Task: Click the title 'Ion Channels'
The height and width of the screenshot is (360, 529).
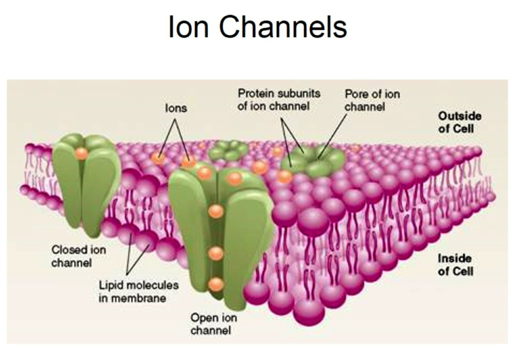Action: [258, 27]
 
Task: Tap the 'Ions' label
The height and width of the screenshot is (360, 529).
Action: [176, 108]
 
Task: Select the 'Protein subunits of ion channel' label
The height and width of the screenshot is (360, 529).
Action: [279, 100]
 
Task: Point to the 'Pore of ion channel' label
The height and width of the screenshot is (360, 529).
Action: [372, 100]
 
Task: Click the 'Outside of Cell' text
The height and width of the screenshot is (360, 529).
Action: [460, 122]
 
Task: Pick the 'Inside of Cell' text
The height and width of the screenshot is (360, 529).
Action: [455, 264]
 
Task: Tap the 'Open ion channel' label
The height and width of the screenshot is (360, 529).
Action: [213, 324]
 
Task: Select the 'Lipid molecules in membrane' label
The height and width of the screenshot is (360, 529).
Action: [138, 291]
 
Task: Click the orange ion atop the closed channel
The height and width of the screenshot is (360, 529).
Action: [81, 153]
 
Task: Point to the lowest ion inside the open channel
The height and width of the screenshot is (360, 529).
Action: [216, 284]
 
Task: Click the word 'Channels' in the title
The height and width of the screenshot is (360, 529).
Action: [283, 27]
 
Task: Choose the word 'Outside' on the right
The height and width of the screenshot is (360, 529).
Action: [460, 116]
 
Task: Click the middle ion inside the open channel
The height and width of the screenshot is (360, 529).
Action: [216, 253]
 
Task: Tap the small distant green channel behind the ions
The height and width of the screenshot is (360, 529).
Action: [228, 149]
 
